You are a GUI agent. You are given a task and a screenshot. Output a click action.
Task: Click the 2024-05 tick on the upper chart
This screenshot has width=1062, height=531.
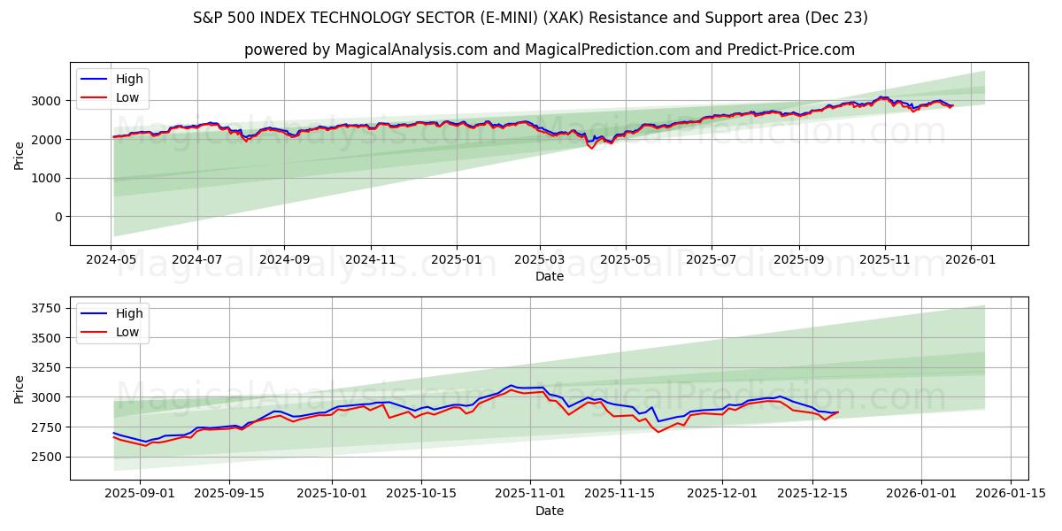point(111,259)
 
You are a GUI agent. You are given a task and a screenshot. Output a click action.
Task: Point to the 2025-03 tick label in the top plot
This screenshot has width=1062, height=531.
point(539,259)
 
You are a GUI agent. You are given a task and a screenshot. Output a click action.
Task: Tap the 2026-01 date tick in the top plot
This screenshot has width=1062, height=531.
point(971,259)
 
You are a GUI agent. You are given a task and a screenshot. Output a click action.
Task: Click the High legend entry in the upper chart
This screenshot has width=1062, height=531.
point(129,79)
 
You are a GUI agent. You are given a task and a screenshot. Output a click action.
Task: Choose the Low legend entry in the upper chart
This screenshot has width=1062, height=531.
point(127,97)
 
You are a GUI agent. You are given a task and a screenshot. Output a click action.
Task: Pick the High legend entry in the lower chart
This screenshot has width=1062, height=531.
point(129,313)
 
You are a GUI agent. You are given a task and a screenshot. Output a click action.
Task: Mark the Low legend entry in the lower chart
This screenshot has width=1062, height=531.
point(127,332)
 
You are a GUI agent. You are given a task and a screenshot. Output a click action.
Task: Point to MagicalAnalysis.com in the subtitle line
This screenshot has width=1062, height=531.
point(411,50)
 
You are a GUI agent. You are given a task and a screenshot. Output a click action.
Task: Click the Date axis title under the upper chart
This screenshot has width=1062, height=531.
point(550,276)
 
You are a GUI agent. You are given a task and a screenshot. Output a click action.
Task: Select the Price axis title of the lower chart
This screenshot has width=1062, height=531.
point(19,389)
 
